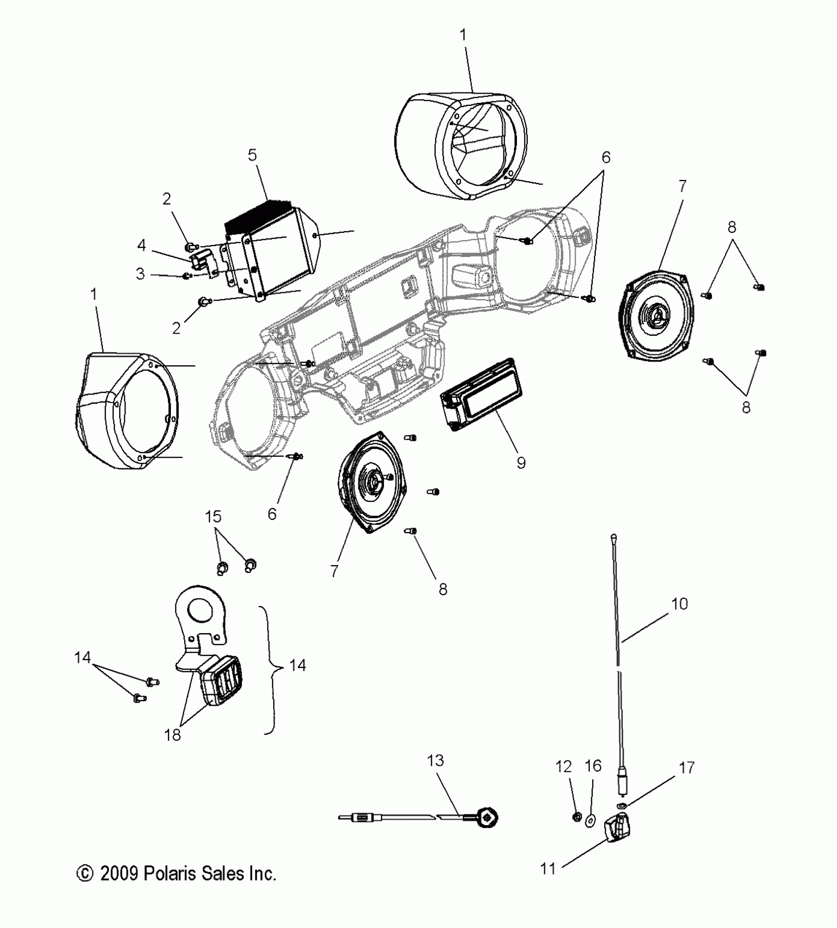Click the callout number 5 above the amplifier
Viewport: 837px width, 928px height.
(x=252, y=156)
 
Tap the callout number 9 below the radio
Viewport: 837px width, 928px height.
(x=521, y=462)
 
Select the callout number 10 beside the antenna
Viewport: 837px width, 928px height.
(x=679, y=604)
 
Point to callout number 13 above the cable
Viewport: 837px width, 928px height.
(x=436, y=761)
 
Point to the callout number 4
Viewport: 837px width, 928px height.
(x=142, y=245)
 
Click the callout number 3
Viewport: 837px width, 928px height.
(x=141, y=274)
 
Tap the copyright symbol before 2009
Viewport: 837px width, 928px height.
(x=85, y=873)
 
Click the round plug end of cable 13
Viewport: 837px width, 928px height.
(x=489, y=817)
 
